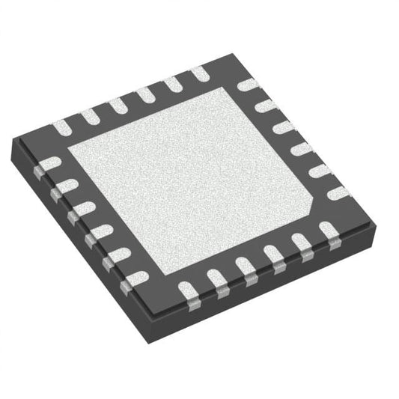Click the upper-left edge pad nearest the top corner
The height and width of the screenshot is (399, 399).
[198, 73]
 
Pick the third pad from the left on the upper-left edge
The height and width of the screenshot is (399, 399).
[116, 106]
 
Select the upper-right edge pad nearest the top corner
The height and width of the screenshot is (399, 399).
[246, 85]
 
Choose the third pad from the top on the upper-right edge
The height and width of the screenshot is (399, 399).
[284, 127]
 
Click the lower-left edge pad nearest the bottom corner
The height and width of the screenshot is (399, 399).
[135, 280]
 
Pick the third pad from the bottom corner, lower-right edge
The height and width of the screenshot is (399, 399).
[244, 266]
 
